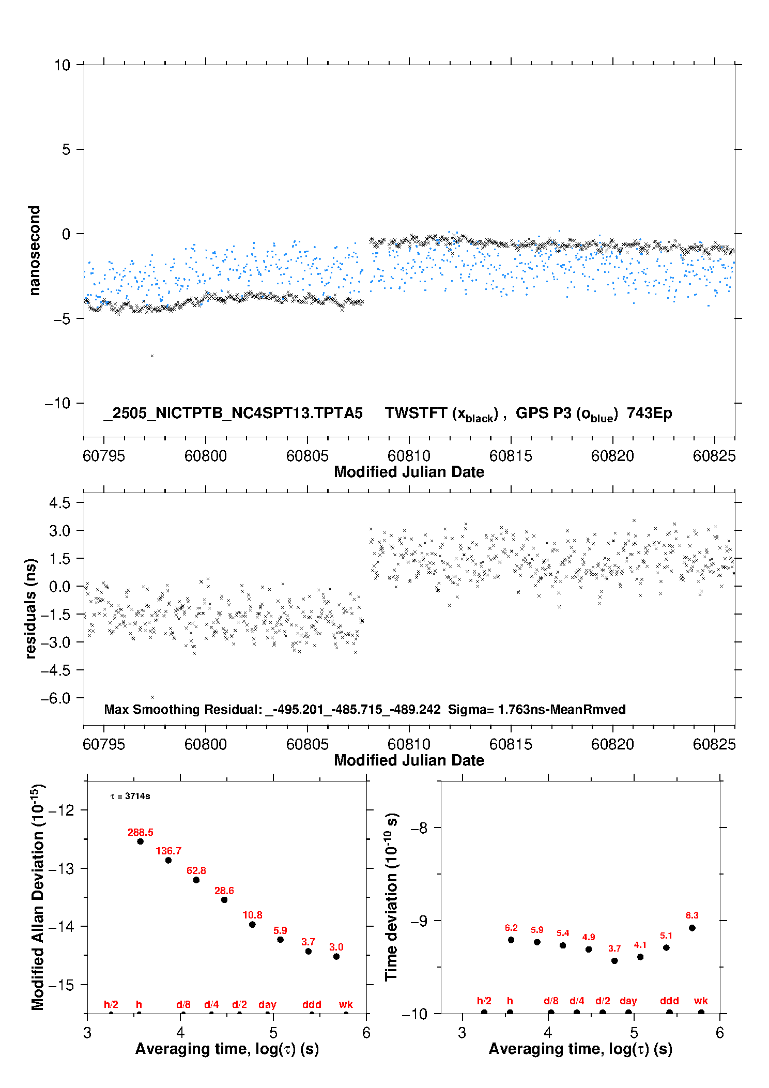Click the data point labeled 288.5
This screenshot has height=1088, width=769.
140,841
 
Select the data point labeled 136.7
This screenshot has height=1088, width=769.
168,860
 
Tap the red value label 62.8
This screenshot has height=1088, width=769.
196,870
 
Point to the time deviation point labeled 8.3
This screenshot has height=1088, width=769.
692,928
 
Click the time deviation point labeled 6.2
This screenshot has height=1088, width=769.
511,940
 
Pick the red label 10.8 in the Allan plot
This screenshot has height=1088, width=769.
252,915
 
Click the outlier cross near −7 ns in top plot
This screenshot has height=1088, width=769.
152,356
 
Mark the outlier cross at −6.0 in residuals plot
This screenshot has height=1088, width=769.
152,697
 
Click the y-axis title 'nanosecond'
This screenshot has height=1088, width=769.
34,251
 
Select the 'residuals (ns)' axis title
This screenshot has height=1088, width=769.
31,609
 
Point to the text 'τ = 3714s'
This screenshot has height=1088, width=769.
130,796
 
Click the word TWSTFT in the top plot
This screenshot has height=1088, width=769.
416,413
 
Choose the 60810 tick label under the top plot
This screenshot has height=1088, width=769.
409,456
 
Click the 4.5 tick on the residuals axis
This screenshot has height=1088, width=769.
59,502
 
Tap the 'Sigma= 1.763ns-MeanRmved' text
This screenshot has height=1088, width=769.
537,709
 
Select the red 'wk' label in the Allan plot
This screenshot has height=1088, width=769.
346,1004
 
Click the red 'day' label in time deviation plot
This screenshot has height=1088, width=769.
628,1001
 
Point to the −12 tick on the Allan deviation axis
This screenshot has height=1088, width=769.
60,810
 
